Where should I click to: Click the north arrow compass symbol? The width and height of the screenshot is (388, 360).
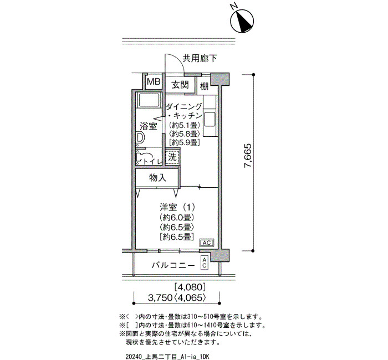coord(242,21)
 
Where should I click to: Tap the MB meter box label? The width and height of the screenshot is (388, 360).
coord(154,81)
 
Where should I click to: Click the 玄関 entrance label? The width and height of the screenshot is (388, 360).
coord(180,85)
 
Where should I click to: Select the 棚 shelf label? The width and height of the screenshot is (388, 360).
coord(204,86)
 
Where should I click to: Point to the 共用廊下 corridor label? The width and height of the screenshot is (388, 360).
coord(200,58)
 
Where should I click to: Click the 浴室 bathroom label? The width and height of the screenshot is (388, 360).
coord(149,126)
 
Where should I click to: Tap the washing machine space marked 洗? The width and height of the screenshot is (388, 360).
coord(172,157)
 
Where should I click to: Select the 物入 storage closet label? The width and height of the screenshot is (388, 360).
coord(157,178)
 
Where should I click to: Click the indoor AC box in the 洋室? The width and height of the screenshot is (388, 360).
coord(207,243)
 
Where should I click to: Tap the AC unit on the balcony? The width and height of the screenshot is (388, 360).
coord(205,263)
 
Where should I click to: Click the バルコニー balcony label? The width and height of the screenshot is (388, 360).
coord(173,266)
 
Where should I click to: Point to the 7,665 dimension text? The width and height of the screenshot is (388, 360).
coord(248,156)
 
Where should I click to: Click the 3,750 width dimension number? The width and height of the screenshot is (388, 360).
coord(160,298)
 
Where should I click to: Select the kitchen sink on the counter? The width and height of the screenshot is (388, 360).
coord(210,119)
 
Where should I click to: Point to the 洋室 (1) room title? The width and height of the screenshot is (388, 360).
coord(177,207)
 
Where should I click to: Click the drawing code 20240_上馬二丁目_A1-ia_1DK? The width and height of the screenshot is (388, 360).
coord(167,357)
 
